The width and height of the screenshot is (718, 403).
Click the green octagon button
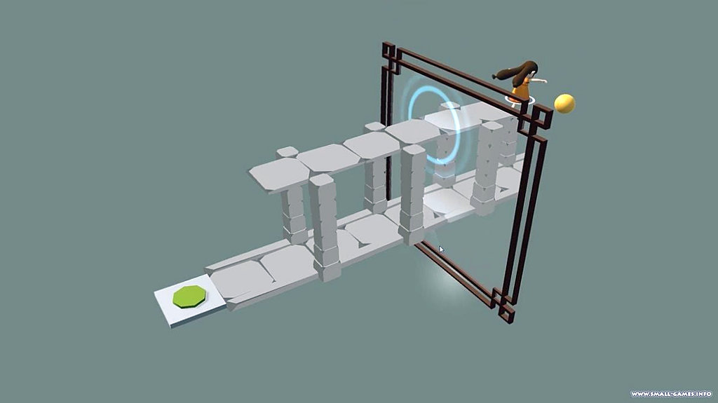189,296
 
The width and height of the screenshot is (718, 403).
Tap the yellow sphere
564,104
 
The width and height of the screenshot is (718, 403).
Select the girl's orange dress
521,89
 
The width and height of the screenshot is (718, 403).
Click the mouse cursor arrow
441,249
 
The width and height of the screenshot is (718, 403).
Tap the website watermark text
671,394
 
